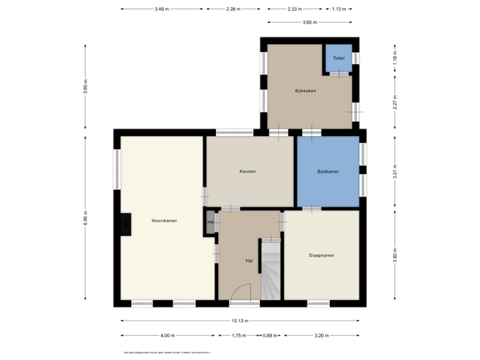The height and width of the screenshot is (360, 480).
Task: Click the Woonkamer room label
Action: coord(164,220)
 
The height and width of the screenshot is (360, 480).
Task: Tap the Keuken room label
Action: coord(248,171)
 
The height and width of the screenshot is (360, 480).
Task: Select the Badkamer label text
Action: coord(328,171)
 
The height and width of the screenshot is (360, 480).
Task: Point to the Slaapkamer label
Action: coord(321,255)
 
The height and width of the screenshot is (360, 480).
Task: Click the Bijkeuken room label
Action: coord(305,91)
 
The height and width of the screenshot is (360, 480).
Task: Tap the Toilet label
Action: coord(339,59)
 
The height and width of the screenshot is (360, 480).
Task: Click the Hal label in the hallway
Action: coord(249,261)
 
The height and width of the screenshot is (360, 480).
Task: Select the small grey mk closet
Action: coord(211,223)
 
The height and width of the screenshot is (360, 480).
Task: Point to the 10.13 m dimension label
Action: coord(241,320)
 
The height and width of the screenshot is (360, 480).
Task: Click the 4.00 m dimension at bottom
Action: coord(168,335)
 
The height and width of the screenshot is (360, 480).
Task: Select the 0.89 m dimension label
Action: coord(270,335)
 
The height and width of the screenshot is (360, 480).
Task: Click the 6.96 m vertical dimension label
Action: coord(85,218)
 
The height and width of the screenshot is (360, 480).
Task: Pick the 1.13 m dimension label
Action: coord(339,9)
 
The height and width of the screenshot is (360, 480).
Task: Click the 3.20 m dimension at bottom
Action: coord(322,335)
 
